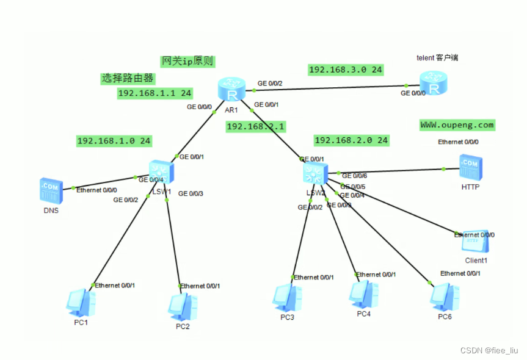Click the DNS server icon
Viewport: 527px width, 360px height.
tap(51, 190)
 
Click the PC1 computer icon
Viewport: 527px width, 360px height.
tap(81, 303)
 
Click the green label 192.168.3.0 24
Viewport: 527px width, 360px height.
tap(346, 70)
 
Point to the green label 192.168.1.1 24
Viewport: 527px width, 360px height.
tap(155, 93)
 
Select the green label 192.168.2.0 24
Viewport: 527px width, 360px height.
tap(351, 140)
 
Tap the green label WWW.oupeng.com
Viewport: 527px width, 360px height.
tap(457, 125)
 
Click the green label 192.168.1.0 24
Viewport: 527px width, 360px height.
tap(114, 141)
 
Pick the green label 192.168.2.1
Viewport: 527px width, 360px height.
tap(256, 126)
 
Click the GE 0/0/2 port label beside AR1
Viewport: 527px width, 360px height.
tap(270, 83)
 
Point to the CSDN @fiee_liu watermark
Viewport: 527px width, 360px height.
tap(489, 351)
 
